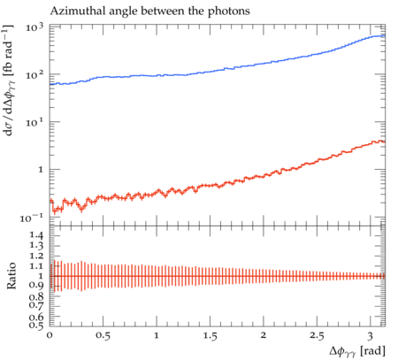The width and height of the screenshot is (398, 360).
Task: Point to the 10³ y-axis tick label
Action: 34,27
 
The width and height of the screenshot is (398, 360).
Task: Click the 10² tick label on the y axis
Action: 34,75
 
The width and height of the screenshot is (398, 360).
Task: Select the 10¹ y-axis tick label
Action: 34,122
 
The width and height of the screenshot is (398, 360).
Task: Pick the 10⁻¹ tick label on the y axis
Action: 32,218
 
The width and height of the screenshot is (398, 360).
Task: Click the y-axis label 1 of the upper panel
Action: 41,170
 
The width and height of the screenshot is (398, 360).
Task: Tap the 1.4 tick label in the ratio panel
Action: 36,236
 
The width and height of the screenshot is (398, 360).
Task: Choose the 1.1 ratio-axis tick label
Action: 36,266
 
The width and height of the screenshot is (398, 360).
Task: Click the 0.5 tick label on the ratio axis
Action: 36,326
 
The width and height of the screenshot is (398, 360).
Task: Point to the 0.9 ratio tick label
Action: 36,286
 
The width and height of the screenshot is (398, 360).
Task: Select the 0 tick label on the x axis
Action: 50,335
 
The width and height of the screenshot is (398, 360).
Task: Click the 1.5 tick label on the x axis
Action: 210,335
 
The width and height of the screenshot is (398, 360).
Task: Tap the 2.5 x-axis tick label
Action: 317,335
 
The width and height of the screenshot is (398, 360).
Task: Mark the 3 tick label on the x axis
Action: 371,335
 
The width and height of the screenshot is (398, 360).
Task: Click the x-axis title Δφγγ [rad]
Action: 357,351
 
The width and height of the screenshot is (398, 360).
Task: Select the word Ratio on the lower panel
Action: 11,276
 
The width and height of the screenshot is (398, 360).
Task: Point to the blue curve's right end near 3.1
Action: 385,35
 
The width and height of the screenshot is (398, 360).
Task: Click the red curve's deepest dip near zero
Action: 54,211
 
